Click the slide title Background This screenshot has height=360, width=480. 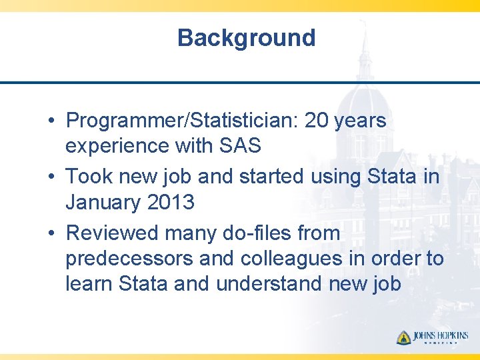[246, 38]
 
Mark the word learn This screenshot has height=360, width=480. [89, 284]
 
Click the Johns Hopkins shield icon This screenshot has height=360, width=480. [403, 337]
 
